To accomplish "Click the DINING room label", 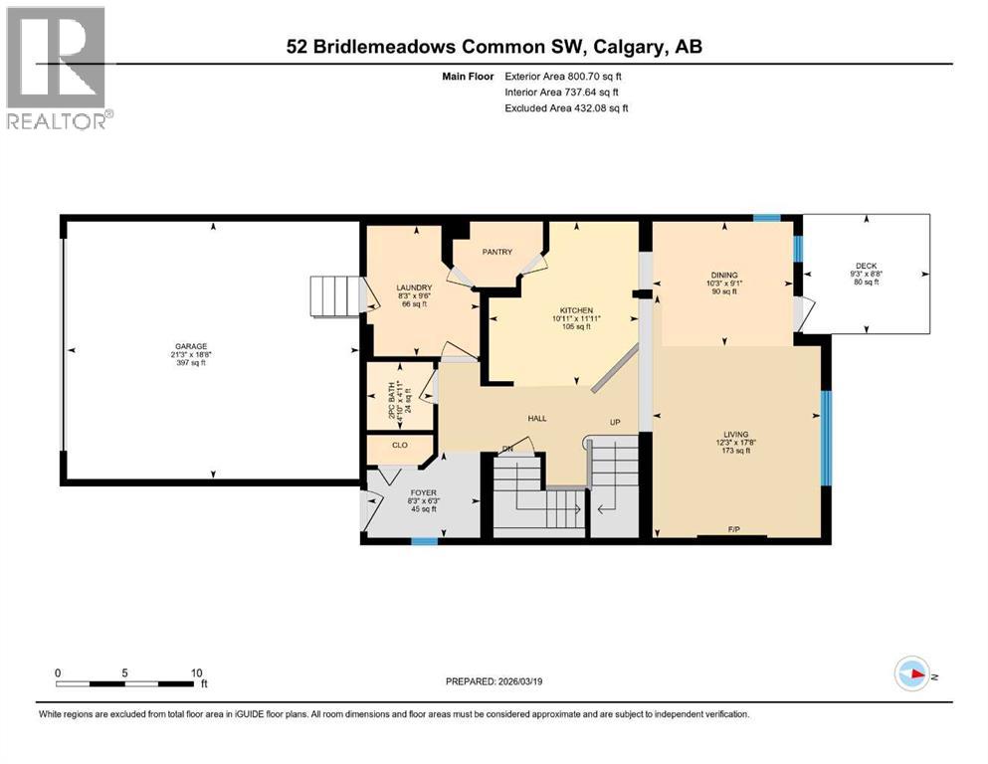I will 723,275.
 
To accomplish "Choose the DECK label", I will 866,267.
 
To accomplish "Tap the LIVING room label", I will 736,435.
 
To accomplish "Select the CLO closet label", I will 399,445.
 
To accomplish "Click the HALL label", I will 538,419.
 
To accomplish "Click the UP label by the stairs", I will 615,423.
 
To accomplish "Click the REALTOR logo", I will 57,68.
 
